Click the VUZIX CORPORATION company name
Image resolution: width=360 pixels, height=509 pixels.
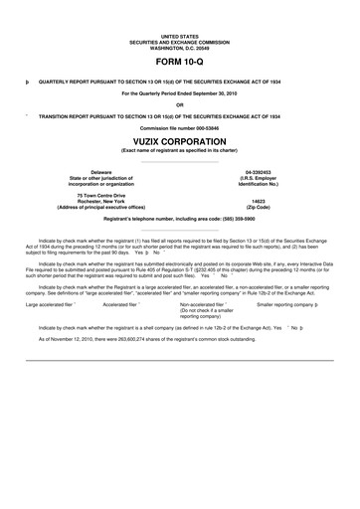point(180,140)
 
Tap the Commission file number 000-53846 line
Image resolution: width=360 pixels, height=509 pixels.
point(180,128)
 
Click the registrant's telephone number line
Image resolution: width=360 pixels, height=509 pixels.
point(180,217)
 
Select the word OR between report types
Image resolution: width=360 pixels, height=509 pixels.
point(180,104)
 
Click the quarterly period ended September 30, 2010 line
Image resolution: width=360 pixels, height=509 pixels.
point(180,92)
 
